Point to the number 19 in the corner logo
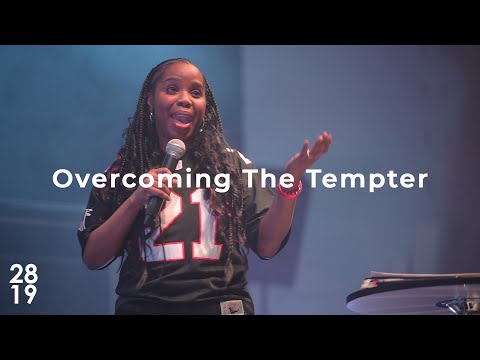24,295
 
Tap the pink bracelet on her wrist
291,190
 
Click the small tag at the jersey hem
232,307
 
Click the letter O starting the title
61,180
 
